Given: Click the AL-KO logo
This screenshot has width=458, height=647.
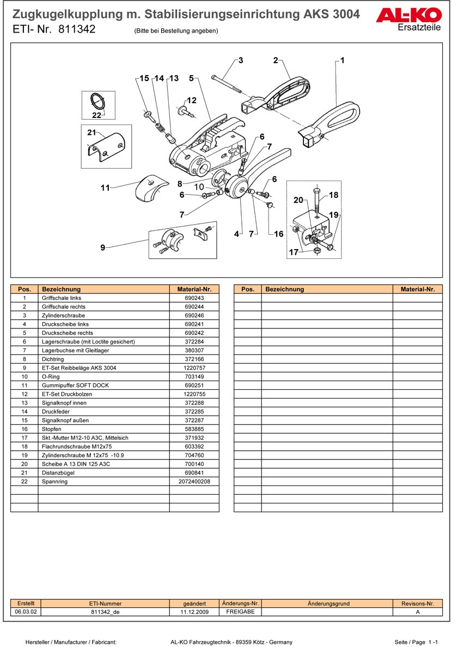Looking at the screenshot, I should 408,16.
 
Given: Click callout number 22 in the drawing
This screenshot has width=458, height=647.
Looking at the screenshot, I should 96,115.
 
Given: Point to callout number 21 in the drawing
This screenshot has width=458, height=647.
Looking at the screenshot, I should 91,132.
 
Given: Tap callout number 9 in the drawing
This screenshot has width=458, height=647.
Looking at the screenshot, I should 102,248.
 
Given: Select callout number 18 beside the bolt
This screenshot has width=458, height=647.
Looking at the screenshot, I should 333,195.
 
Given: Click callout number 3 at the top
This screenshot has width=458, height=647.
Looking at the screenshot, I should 240,60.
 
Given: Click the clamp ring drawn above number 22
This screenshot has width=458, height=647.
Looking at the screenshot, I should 97,101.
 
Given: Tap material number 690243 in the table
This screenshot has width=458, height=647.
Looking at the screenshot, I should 194,298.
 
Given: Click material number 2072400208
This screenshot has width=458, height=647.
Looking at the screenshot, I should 194,482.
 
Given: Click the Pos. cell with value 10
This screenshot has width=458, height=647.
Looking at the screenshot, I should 25,376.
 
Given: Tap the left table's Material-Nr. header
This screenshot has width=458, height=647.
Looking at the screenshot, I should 194,289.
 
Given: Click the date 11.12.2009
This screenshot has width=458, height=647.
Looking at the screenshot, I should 194,612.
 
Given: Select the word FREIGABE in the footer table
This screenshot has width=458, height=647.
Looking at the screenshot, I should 240,612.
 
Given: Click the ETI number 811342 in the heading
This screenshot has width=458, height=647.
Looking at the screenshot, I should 77,30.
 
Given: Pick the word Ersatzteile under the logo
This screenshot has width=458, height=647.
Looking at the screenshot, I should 419,28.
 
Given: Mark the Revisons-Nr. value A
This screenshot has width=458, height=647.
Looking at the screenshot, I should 417,612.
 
